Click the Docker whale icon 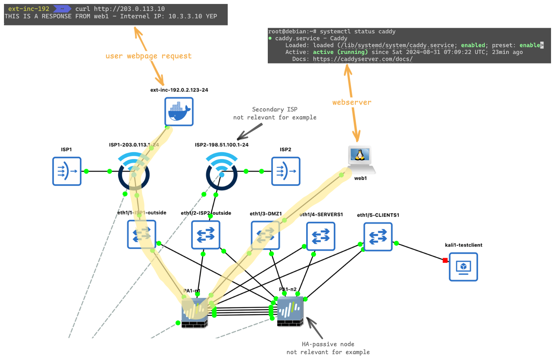click(x=179, y=111)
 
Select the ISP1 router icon click(x=67, y=171)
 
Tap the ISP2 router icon click(x=286, y=171)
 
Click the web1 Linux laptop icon click(x=361, y=158)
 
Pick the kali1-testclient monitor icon click(x=463, y=267)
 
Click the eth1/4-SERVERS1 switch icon click(x=321, y=236)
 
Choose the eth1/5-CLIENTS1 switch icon click(x=378, y=237)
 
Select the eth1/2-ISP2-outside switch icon click(x=205, y=235)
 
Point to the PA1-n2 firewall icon click(x=290, y=311)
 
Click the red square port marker click(x=445, y=260)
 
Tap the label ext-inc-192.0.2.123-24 click(x=179, y=90)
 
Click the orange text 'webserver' click(x=352, y=102)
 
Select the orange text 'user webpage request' click(x=148, y=56)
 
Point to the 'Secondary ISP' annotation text click(x=275, y=109)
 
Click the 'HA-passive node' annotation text click(x=328, y=344)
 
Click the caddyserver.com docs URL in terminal click(x=363, y=59)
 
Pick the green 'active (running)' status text click(x=340, y=52)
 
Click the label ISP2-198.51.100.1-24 click(x=221, y=145)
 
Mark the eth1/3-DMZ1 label click(x=265, y=214)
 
